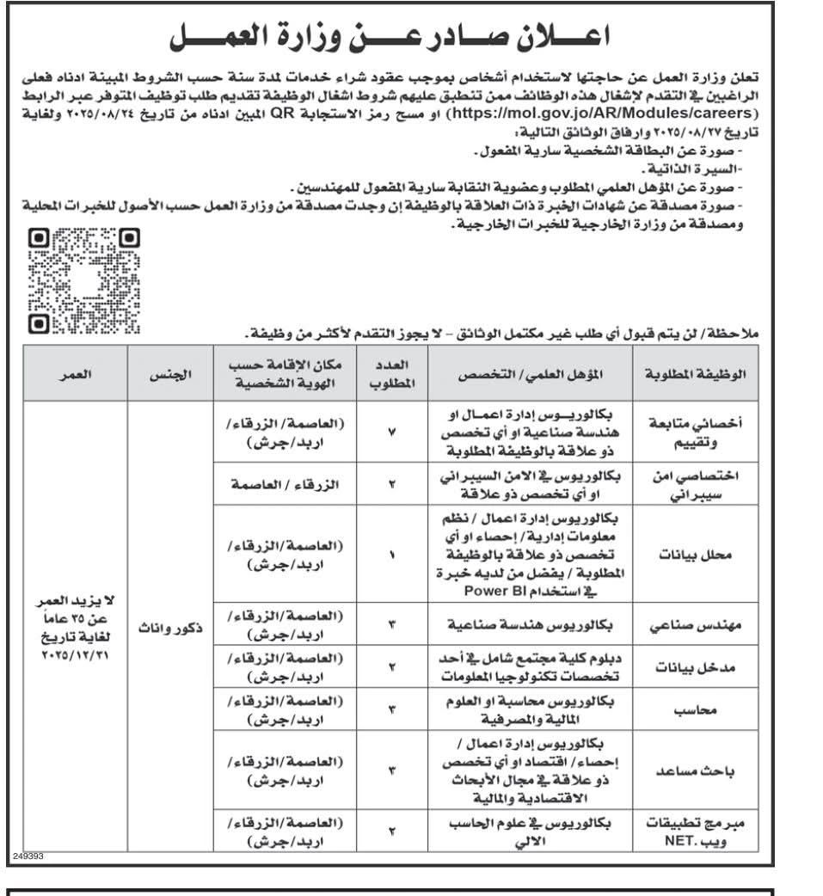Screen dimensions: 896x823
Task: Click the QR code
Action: point(84,279)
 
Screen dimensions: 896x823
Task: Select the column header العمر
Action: point(76,375)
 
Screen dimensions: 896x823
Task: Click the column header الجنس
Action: point(170,375)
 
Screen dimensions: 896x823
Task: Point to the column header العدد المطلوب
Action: point(392,375)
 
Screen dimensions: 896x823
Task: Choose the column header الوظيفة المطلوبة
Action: point(695,375)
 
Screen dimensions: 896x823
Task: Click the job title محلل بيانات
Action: point(695,555)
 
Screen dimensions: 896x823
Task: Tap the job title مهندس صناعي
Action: point(695,625)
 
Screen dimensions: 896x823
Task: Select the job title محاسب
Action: point(695,710)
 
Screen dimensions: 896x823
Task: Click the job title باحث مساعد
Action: point(695,771)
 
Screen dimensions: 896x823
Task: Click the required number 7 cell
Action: point(392,432)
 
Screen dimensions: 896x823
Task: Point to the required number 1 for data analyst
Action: point(392,555)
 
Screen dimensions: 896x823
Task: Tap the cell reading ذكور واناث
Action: point(170,627)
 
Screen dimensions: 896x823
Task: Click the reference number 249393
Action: point(28,856)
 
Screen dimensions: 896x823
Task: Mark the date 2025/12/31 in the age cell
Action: point(76,655)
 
